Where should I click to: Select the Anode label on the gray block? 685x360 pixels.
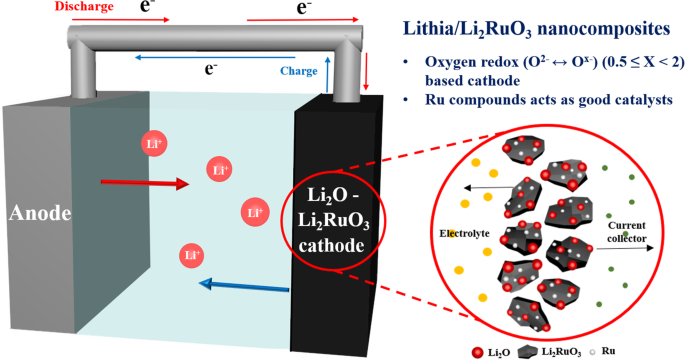point(38,212)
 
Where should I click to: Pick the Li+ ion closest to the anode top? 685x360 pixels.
point(152,143)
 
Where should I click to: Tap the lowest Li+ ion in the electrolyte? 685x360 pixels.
point(189,256)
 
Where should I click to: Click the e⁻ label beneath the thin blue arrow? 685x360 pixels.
point(211,70)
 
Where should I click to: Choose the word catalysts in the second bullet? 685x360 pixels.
point(638,98)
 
